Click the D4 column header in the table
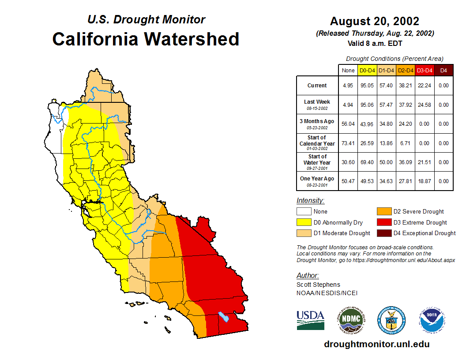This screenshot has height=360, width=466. click(x=443, y=70)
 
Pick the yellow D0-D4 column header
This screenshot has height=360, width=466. click(x=367, y=70)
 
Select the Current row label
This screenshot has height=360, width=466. click(x=317, y=86)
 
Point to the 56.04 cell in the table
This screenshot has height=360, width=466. click(x=348, y=124)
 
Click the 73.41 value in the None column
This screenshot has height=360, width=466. click(x=348, y=143)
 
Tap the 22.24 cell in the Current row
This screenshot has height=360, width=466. click(x=425, y=86)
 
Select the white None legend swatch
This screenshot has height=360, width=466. click(x=304, y=212)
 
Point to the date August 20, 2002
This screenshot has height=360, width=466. click(x=375, y=21)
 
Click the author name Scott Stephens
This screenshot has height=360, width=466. click(x=318, y=285)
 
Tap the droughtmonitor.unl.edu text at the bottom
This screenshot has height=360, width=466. click(x=376, y=344)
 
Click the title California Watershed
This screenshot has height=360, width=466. click(x=146, y=39)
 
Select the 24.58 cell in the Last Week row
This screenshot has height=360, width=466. click(x=425, y=105)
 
